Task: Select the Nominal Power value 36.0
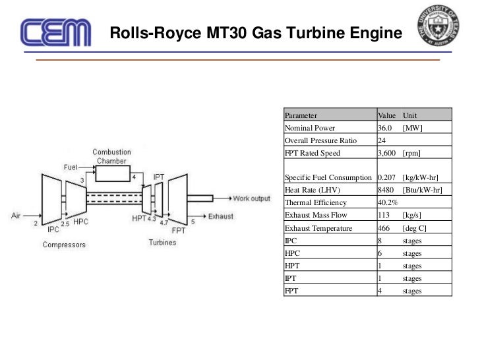click(x=385, y=128)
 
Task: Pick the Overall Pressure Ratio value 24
click(x=382, y=140)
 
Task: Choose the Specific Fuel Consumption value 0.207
click(x=387, y=178)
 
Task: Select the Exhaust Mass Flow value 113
click(x=383, y=215)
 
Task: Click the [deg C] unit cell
click(x=416, y=227)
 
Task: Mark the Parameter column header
click(x=301, y=115)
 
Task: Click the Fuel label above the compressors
click(x=70, y=167)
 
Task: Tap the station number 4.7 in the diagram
click(x=164, y=224)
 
